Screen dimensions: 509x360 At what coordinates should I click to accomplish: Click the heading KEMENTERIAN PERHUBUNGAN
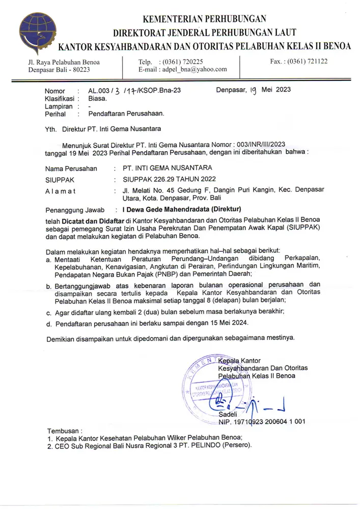pyautogui.click(x=205, y=20)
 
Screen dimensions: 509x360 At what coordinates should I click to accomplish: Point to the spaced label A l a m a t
pyautogui.click(x=60, y=191)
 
